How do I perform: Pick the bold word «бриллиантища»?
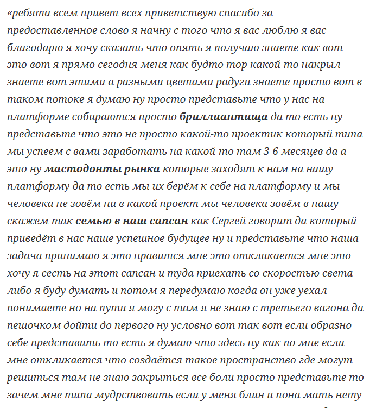click(x=224, y=117)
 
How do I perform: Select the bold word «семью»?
click(x=92, y=221)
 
